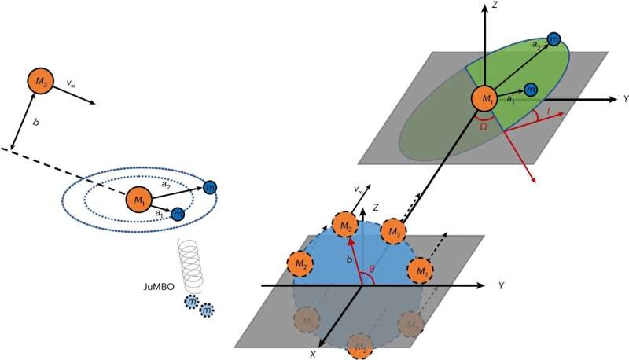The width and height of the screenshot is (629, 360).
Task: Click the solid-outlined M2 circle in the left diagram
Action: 39,81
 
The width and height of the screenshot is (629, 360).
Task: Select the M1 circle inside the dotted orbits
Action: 140,200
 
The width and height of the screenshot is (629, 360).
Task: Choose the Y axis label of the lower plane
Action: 500,285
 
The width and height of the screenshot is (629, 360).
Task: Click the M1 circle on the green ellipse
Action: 484,99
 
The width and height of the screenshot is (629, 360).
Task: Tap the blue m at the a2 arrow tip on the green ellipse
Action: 554,39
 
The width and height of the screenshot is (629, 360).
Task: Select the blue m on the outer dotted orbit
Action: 209,187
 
